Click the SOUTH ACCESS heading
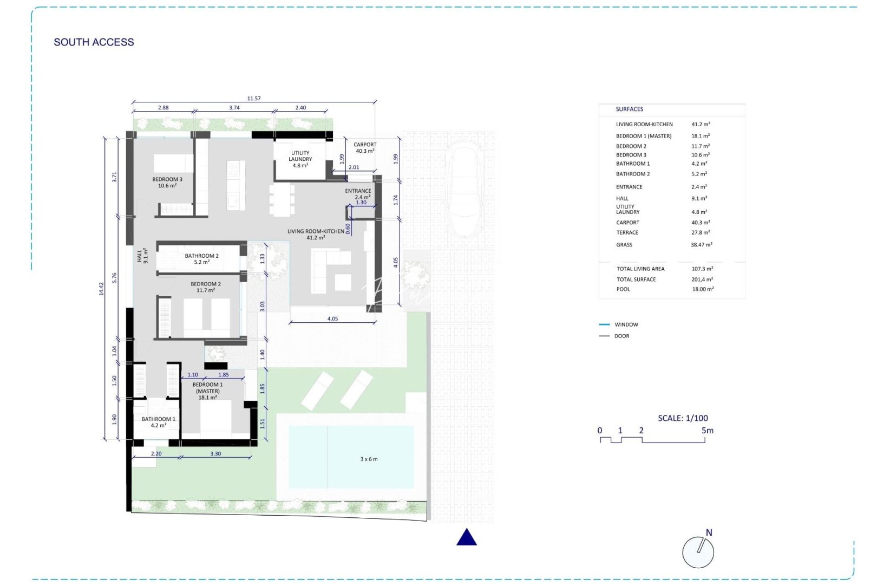(94, 42)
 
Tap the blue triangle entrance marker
(467, 538)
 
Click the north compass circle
(698, 552)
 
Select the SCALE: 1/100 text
(683, 418)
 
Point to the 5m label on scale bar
(707, 431)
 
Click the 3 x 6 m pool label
(369, 459)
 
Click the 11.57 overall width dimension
(254, 99)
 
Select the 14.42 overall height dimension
(101, 288)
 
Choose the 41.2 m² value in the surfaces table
(701, 125)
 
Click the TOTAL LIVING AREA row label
(640, 269)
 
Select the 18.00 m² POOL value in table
(702, 289)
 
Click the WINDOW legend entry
(626, 325)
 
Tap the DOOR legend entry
(621, 336)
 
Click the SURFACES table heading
(629, 109)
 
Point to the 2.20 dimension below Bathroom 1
(156, 454)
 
